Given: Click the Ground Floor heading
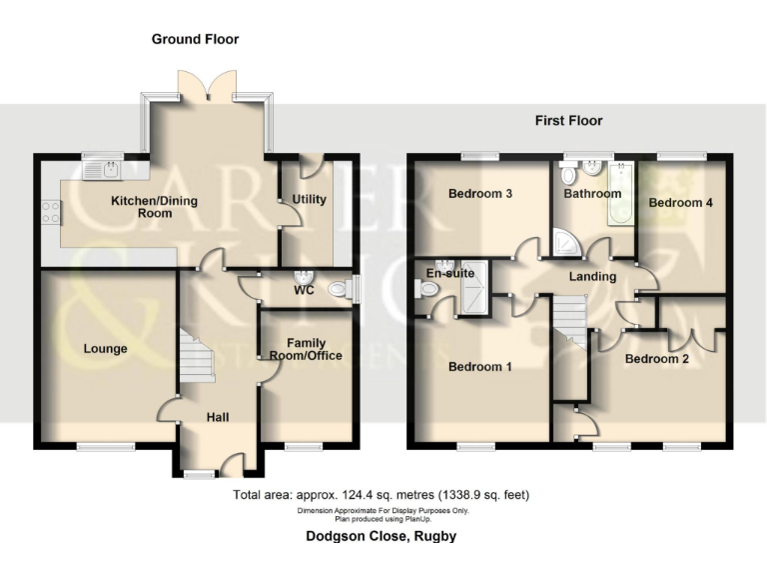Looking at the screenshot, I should coord(195,39).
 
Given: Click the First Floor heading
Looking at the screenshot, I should coord(568,121).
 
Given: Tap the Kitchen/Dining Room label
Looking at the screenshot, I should coord(154,207).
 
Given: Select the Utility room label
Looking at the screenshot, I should coord(309,199).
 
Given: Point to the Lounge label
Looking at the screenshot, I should coord(106,349).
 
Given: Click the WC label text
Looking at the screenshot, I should coord(305,292).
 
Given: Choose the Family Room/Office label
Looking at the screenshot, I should coord(307,349).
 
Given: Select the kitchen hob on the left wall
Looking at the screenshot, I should coord(49,211).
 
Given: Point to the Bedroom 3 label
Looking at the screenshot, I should coord(480,193).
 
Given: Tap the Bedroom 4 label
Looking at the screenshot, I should coord(680,202).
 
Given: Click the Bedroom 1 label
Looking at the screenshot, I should coord(479,367).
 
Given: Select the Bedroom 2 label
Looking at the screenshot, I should coord(656,357).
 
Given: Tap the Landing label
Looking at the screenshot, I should coord(592,276).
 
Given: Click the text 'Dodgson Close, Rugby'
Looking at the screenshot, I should coord(381,537).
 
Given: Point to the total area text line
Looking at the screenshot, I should coord(381,495).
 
